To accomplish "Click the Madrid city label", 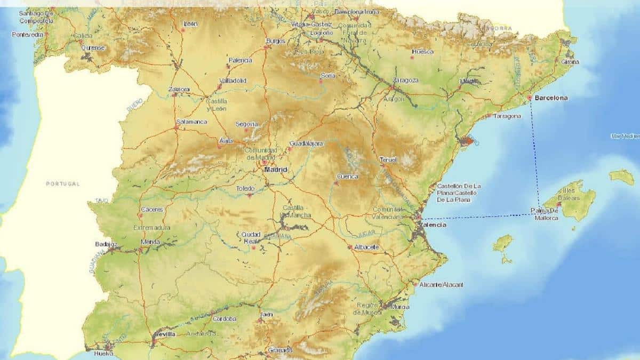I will [276, 170].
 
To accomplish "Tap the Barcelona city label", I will [551, 98].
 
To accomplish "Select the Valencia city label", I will [433, 225].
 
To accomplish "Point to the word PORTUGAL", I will [62, 184].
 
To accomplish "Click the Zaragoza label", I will [405, 81].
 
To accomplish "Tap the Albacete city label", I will [366, 247].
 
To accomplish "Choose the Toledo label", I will [246, 188].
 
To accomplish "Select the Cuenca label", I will [348, 177].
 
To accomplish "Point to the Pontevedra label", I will [28, 35].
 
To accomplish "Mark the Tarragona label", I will [507, 116].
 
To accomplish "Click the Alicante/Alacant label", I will [442, 285].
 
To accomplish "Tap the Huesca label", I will [422, 52].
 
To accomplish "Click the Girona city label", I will [570, 62].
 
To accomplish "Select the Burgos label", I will [276, 41].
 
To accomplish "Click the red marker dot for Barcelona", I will [530, 98].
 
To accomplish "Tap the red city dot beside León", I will [183, 30].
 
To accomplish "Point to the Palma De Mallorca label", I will [544, 214].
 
